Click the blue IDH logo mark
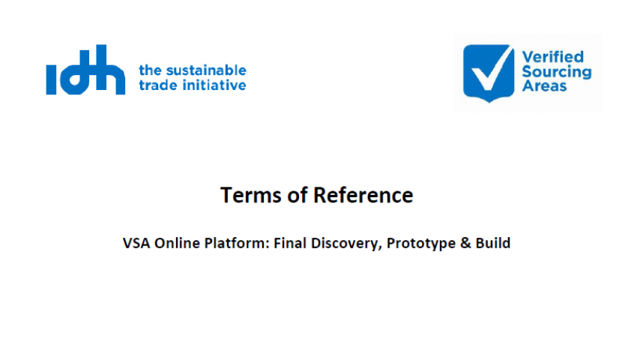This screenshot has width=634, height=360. (85, 70)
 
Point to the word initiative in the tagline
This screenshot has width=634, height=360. (214, 85)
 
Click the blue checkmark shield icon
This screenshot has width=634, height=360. (489, 73)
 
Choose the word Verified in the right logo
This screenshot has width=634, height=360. (553, 57)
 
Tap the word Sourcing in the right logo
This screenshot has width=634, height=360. (557, 72)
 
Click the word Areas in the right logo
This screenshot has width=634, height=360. (544, 85)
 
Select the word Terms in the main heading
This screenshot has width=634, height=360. (251, 195)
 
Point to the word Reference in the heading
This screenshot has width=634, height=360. (363, 195)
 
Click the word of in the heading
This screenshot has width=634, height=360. (298, 195)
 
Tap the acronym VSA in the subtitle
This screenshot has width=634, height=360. (136, 243)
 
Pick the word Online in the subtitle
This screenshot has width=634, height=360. (177, 243)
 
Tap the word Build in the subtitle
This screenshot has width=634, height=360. (493, 243)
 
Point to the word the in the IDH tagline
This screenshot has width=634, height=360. (150, 70)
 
